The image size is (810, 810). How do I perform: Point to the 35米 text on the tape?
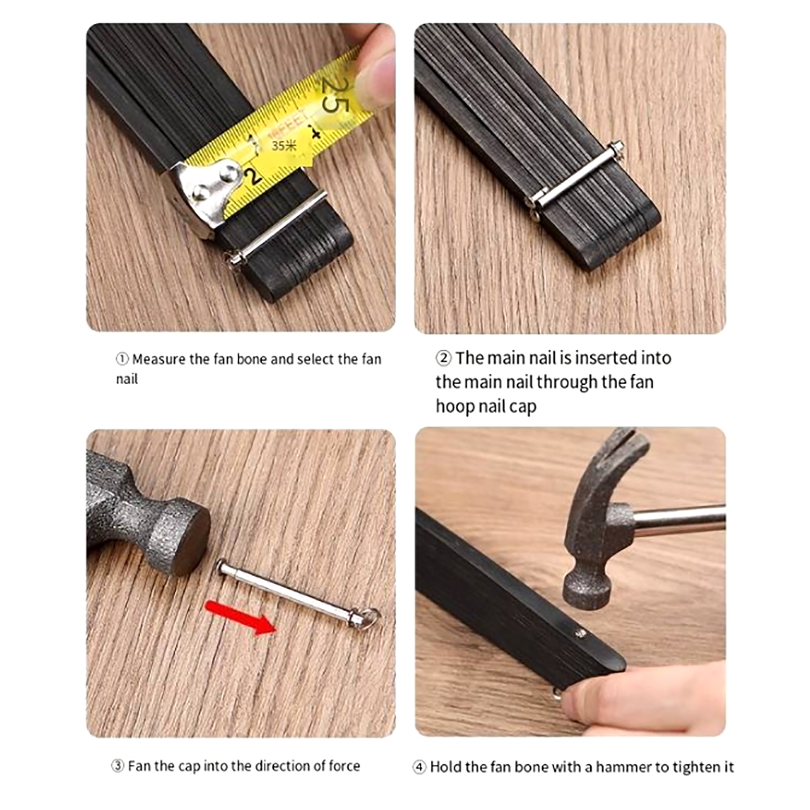(284, 146)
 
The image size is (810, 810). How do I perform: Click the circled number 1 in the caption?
(122, 359)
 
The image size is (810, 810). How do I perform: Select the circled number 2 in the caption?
(443, 358)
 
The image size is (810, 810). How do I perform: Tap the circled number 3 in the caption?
(117, 765)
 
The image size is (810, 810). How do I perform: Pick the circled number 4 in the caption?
(419, 767)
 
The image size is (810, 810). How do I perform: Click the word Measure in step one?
(158, 359)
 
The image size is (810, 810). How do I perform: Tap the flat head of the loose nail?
(222, 566)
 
